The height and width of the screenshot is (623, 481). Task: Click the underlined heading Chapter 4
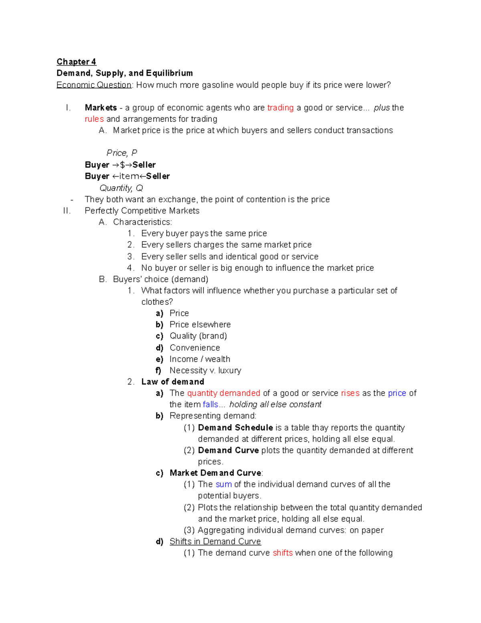pos(76,62)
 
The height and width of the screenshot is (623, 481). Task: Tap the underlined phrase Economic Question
pos(94,85)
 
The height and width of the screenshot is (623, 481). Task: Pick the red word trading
pos(280,108)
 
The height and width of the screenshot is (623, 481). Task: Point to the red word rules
pos(94,119)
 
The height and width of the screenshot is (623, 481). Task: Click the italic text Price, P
pos(122,153)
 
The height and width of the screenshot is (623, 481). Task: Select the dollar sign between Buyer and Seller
pos(122,165)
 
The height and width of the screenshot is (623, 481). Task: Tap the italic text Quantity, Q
pos(121,188)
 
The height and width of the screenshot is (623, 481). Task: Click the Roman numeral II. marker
pos(67,211)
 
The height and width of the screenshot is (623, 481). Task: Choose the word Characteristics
pos(142,222)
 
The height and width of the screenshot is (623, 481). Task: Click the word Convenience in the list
pos(195,347)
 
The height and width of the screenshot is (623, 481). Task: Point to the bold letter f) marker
pos(159,370)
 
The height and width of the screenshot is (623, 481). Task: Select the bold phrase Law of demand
pos(173,382)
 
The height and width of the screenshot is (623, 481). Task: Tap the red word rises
pos(350,393)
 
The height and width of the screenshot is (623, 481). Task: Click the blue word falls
pos(210,404)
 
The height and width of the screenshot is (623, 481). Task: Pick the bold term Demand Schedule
pos(235,428)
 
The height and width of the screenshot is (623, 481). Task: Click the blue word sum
pos(224,484)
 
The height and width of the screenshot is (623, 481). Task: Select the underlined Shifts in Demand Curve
pos(215,542)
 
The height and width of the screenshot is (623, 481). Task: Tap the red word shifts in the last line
pos(283,553)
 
